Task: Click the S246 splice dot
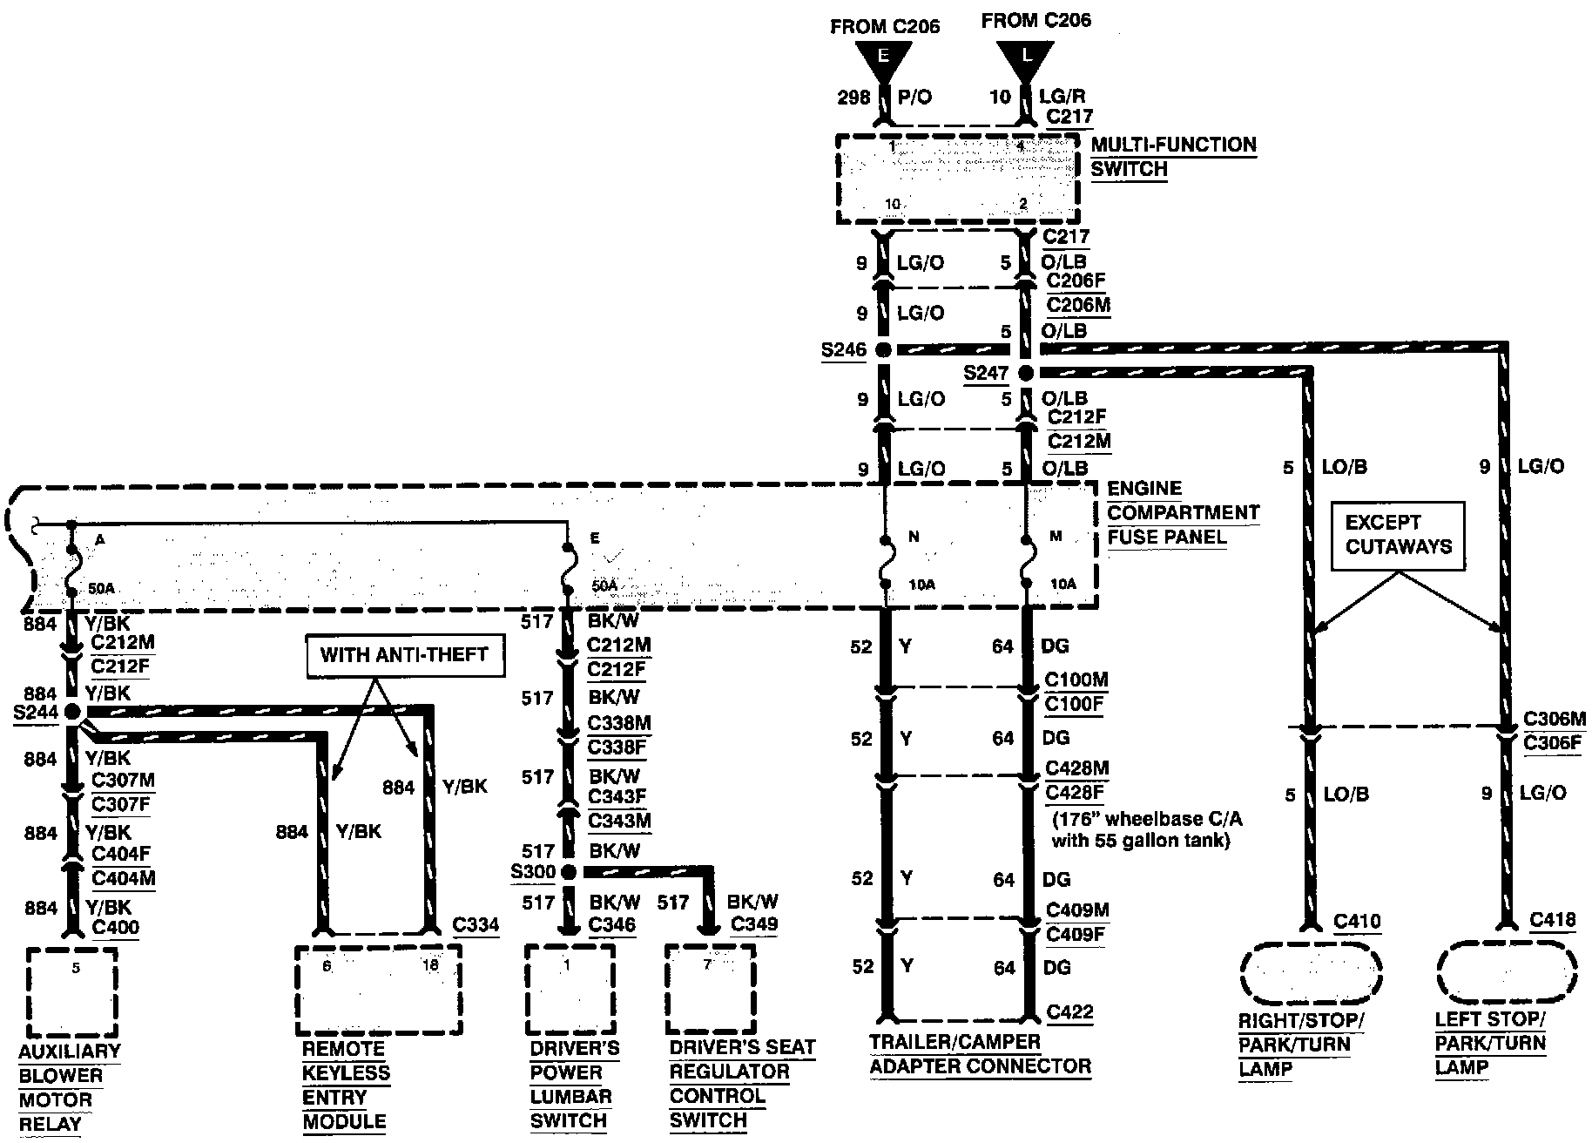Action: click(883, 350)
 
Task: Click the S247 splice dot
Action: click(1026, 374)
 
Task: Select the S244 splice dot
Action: click(72, 712)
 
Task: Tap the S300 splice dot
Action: click(569, 872)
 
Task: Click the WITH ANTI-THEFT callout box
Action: click(405, 655)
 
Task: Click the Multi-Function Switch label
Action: click(1173, 157)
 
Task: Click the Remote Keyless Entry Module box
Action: click(378, 990)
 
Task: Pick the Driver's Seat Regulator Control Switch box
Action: click(710, 990)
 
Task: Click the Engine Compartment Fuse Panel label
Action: click(1183, 513)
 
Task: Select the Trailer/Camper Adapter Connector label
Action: click(980, 1054)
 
